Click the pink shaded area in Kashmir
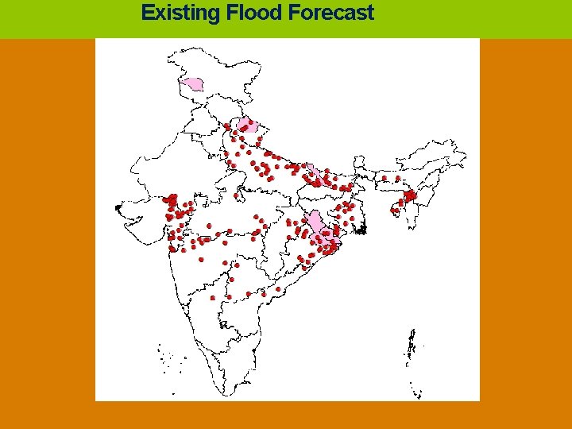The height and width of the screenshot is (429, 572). pyautogui.click(x=192, y=83)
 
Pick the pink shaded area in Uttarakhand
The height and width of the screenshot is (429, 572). pyautogui.click(x=247, y=125)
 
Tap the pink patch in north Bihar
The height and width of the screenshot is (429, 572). pyautogui.click(x=314, y=173)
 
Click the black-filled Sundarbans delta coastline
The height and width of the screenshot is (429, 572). pyautogui.click(x=361, y=230)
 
